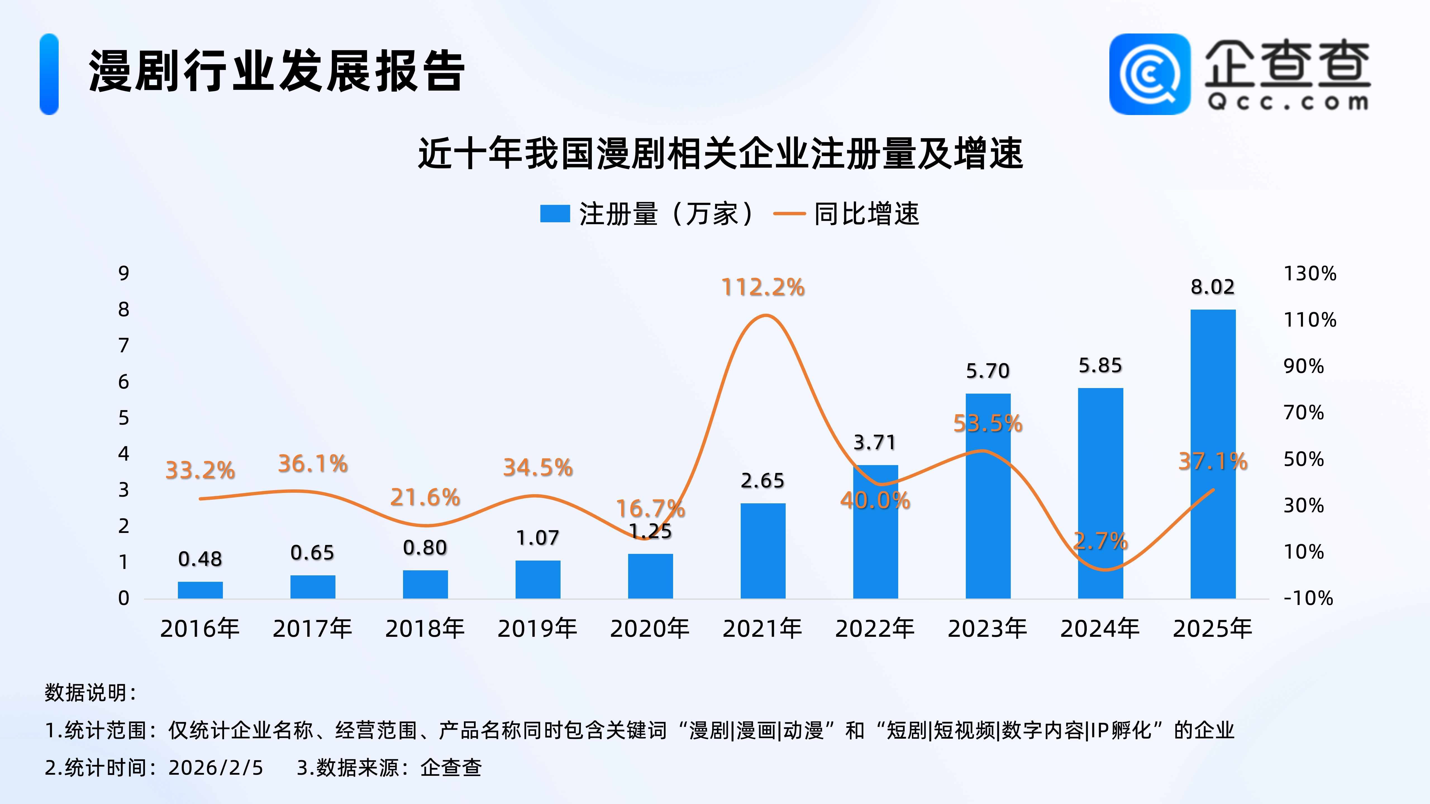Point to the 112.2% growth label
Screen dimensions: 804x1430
click(763, 288)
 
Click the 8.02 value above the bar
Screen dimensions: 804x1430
click(1213, 287)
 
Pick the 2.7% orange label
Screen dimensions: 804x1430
click(1100, 541)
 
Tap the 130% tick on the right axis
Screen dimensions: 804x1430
click(1310, 274)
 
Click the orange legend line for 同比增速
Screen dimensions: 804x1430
click(789, 214)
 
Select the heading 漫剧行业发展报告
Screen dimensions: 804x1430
click(277, 71)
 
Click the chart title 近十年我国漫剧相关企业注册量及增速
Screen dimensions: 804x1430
click(721, 154)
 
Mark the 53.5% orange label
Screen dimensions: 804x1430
click(988, 423)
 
